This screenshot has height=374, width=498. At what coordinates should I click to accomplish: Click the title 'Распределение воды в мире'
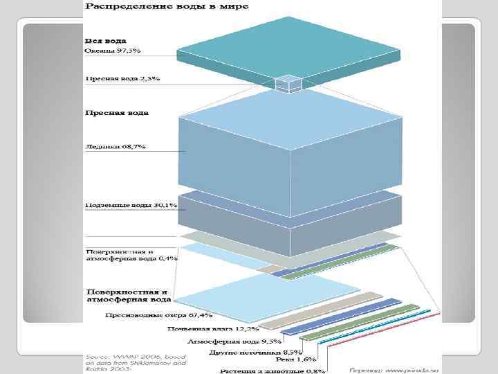167,6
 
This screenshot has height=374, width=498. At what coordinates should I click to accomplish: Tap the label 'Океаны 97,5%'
113,51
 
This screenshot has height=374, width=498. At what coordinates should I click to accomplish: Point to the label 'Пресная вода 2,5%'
122,78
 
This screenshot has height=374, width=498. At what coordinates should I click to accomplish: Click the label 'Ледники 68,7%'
111,147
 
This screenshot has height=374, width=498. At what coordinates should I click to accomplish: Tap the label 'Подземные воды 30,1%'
131,206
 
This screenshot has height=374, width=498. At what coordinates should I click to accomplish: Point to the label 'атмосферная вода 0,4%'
131,258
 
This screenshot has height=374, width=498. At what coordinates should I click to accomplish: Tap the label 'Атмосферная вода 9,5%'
223,341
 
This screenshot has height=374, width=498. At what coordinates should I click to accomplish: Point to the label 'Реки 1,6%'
297,359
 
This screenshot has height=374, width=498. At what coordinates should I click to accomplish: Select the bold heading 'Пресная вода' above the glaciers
117,112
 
